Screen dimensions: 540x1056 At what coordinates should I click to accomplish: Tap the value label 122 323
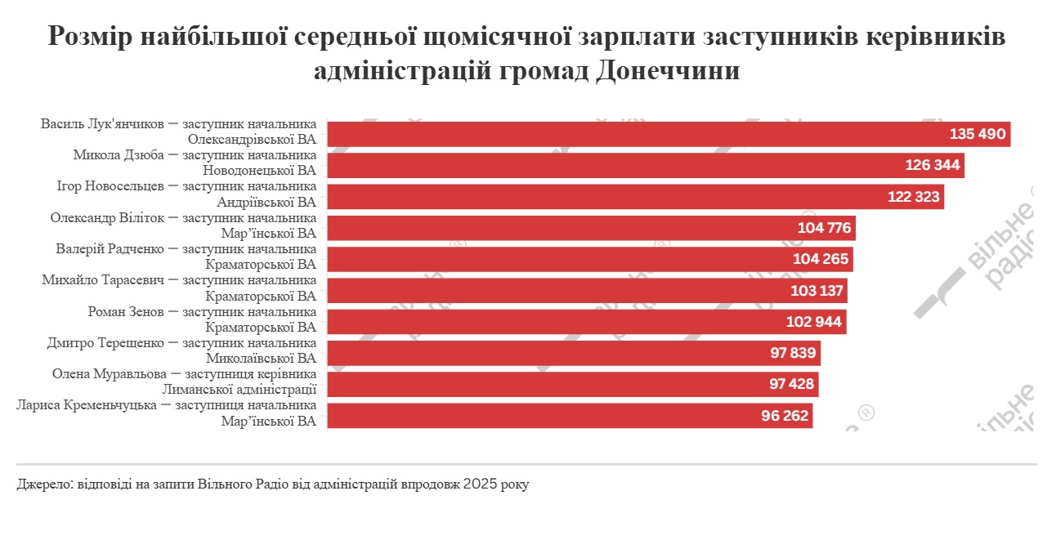[914, 197]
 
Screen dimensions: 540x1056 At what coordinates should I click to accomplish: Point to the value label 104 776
[825, 228]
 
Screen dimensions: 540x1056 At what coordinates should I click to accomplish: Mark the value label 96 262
[785, 416]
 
